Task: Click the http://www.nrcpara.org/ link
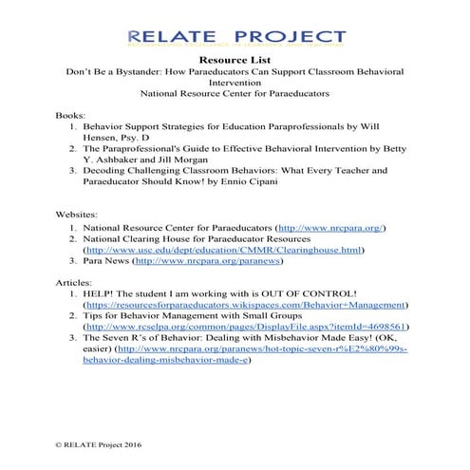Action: point(329,230)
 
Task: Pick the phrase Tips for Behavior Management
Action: point(158,319)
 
